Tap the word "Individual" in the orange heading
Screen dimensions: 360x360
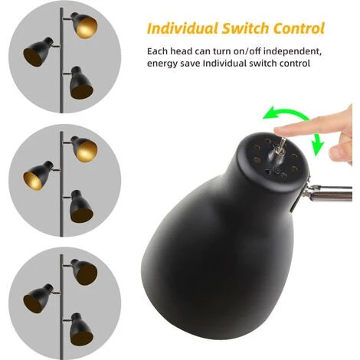(182, 28)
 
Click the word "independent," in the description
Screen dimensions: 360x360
(292, 51)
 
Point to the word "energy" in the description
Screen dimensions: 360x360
(162, 64)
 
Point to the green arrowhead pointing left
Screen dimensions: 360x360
(269, 113)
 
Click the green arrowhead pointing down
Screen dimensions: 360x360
(317, 149)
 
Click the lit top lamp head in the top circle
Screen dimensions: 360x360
(84, 25)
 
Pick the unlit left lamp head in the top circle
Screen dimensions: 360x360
(38, 52)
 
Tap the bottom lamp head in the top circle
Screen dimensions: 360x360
(80, 83)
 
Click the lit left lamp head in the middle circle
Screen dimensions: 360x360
(38, 175)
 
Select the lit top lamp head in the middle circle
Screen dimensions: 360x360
(84, 149)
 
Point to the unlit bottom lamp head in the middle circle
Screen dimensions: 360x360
(80, 206)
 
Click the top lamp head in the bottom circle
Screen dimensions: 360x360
(84, 272)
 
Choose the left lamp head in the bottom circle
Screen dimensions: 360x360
(38, 299)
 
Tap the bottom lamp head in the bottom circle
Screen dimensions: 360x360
(80, 329)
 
